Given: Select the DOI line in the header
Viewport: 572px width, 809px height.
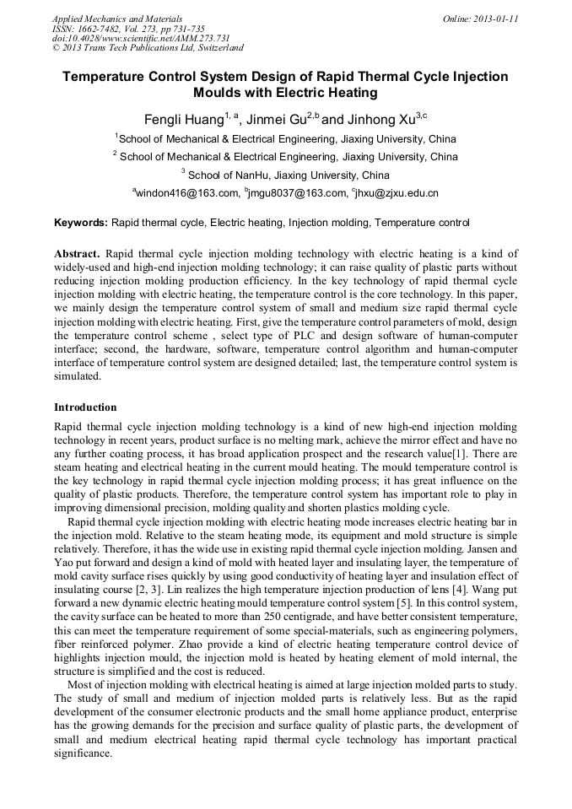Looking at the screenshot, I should pos(129,38).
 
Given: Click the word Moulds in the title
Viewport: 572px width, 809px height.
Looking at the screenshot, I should pos(218,92).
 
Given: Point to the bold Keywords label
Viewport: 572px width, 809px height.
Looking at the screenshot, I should pos(81,223).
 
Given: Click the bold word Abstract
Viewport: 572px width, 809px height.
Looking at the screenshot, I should pos(77,253).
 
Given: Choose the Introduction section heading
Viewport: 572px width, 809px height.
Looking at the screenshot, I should pos(85,407).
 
